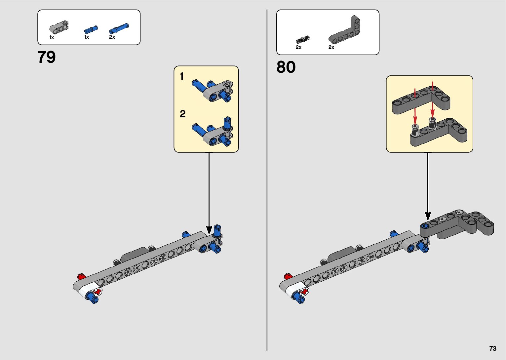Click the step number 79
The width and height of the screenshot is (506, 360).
tap(47, 57)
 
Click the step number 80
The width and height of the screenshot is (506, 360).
tap(286, 67)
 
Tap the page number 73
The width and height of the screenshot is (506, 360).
tap(493, 348)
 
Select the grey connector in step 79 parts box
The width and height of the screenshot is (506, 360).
tap(59, 27)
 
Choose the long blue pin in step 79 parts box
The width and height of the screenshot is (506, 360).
tap(119, 28)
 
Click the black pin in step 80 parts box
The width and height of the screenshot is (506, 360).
tap(302, 40)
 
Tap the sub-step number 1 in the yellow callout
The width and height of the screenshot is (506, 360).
tap(181, 77)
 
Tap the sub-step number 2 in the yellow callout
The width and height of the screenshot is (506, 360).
tap(182, 114)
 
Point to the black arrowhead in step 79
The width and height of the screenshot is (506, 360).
tap(209, 230)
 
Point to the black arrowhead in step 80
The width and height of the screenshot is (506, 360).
tap(428, 216)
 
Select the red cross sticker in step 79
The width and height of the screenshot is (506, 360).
tap(98, 292)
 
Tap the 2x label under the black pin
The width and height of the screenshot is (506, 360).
tap(298, 48)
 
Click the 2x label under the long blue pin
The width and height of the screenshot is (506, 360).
tap(112, 37)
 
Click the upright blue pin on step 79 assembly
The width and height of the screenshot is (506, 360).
tap(217, 230)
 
